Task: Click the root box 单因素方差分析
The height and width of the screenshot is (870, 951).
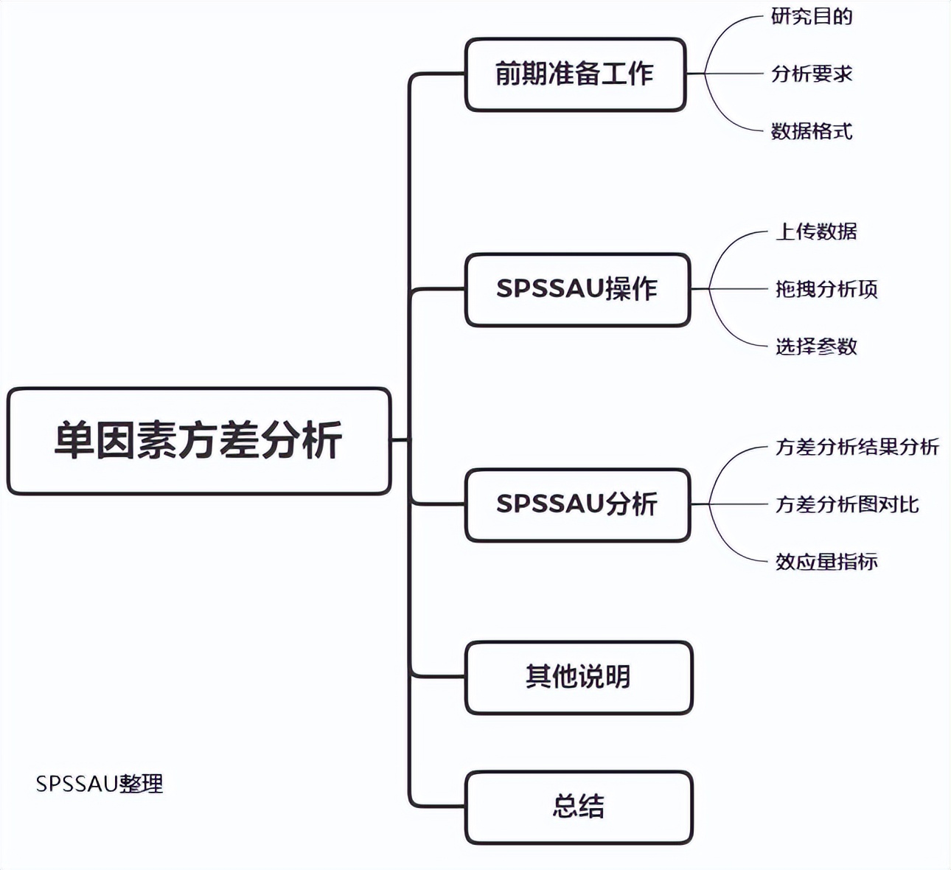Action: tap(198, 441)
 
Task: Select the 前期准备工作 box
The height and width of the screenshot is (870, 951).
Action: tap(575, 74)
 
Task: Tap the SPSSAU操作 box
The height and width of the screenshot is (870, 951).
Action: tap(577, 289)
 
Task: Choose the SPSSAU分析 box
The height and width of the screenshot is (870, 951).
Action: tap(577, 505)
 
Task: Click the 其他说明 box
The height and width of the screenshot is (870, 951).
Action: tap(579, 677)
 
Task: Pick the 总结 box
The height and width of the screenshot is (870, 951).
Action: tap(579, 807)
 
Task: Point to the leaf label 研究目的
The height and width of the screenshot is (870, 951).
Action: tap(812, 16)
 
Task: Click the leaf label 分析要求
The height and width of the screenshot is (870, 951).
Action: tap(812, 74)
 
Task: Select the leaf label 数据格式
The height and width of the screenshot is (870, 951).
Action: tap(812, 131)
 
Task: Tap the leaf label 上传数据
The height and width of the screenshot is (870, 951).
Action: tap(816, 232)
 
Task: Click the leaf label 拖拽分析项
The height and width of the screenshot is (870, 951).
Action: tap(826, 289)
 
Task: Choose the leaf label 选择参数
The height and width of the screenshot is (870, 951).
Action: tap(816, 347)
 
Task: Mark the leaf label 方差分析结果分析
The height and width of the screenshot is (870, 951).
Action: tap(857, 447)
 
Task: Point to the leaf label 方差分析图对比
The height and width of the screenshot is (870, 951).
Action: tap(847, 504)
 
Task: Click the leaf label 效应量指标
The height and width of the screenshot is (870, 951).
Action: tap(826, 562)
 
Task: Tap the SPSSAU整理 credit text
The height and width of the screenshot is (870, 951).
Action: tap(100, 784)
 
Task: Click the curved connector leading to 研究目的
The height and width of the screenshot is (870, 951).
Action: tap(722, 33)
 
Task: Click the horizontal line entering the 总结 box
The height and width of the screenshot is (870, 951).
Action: tap(439, 807)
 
